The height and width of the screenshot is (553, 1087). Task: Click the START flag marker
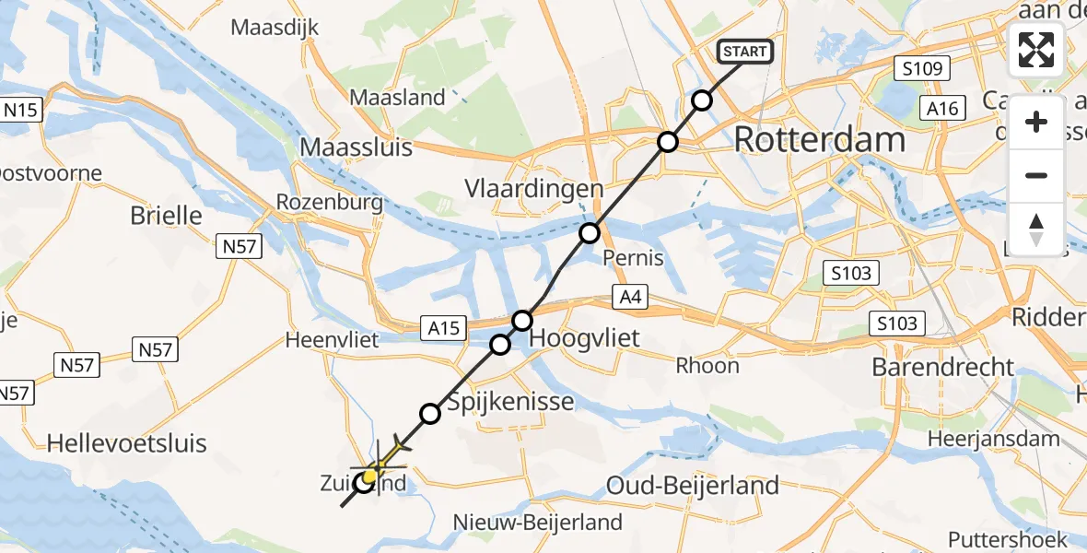tap(745, 53)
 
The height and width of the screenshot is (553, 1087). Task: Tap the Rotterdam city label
tap(819, 141)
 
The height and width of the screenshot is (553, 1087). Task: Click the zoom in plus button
tap(1036, 122)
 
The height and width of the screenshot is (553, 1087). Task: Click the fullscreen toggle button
tap(1036, 50)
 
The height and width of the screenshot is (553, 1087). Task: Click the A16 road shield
tap(942, 109)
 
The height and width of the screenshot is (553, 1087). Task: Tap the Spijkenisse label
tap(510, 402)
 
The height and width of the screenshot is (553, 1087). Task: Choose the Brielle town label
tap(166, 216)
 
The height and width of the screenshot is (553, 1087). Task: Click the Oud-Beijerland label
tap(693, 484)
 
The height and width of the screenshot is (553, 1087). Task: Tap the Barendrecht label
tap(942, 367)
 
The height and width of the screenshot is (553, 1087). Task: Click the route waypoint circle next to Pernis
tap(590, 234)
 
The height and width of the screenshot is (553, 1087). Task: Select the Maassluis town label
tap(356, 147)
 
